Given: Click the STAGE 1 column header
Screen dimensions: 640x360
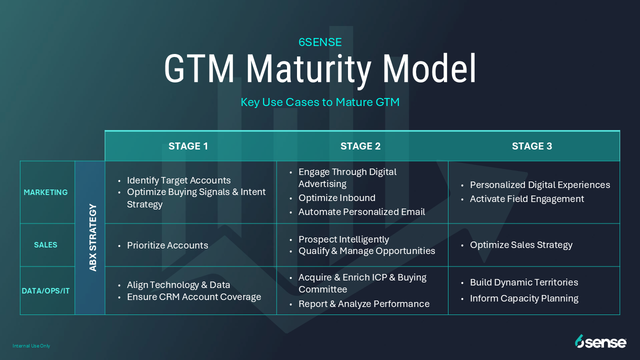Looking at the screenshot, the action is tap(188, 146).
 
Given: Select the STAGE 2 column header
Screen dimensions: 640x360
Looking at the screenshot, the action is tap(360, 146).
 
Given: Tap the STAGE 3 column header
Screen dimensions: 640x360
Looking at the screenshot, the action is tap(531, 146).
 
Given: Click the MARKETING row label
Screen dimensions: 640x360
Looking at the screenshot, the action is tap(45, 192).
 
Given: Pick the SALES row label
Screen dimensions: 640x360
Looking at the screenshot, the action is tap(45, 245).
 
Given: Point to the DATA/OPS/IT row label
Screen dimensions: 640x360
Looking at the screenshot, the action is tap(45, 291).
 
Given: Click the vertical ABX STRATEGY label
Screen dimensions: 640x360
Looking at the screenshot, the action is tap(93, 237).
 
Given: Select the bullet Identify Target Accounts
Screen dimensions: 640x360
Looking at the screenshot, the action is tap(178, 180).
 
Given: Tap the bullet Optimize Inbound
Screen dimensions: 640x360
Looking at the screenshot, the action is tap(337, 197).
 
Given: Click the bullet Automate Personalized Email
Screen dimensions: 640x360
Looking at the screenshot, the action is tap(361, 212).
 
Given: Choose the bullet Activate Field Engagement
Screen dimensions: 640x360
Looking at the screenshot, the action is tap(527, 199).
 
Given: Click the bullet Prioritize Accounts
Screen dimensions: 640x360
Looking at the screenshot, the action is tap(167, 245).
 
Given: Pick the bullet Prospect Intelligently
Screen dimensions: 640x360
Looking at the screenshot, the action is tap(343, 239).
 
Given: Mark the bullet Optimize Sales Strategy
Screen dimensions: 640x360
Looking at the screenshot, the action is tap(521, 245).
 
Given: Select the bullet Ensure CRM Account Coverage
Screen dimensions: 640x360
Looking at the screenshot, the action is tap(194, 297).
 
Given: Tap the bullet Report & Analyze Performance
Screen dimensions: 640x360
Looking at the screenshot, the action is tap(364, 304).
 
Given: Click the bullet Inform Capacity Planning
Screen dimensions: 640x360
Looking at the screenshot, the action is tap(524, 298).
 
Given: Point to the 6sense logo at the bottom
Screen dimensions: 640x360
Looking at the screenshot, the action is tap(600, 341).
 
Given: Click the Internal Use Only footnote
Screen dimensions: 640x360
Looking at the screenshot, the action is tap(31, 346).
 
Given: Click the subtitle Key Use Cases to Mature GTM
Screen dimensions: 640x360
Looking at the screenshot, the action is tap(320, 102).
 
